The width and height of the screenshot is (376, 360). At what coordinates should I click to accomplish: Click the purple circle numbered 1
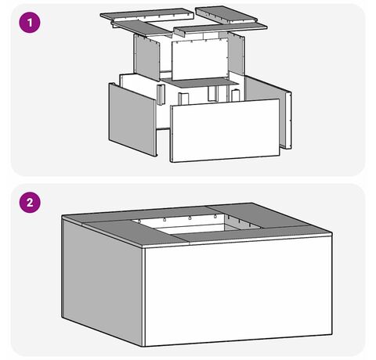[30, 23]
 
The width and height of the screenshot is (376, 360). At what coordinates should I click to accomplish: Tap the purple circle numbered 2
[30, 203]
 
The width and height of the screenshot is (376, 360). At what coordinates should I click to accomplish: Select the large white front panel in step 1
[225, 131]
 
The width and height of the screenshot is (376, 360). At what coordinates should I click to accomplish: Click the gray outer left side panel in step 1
[132, 120]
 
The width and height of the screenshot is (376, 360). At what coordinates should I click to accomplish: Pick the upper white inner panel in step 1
[200, 59]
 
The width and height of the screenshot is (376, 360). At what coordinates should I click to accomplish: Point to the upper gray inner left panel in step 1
[146, 57]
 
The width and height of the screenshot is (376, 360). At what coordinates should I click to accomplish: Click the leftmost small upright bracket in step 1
[161, 95]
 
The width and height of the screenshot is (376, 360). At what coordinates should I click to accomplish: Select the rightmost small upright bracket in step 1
[236, 95]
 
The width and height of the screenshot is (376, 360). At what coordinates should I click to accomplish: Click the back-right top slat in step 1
[226, 14]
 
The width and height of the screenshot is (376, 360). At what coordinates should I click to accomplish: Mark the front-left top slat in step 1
[143, 28]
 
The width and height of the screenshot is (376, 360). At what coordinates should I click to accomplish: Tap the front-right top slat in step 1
[221, 29]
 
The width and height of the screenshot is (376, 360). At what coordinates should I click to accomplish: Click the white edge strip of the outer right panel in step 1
[288, 120]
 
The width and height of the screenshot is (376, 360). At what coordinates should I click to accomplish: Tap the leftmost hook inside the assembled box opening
[139, 221]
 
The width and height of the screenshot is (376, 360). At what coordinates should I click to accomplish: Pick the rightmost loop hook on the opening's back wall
[215, 216]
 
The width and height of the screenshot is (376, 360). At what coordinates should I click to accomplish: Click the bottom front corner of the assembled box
[144, 347]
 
